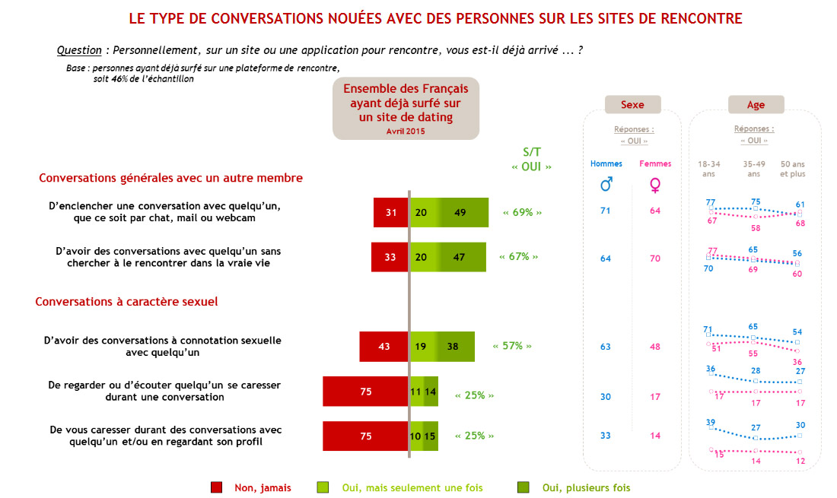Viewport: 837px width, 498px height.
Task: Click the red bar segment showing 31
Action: point(391,212)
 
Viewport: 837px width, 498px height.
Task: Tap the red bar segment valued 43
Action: point(384,347)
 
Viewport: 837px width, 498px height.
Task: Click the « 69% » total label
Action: point(523,212)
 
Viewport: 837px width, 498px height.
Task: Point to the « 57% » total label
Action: point(512,346)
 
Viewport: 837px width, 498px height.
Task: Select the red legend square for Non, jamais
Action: point(216,487)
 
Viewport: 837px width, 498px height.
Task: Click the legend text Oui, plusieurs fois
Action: point(586,487)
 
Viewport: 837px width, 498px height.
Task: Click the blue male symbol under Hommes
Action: point(606,185)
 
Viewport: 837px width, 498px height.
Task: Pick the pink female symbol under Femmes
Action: point(654,185)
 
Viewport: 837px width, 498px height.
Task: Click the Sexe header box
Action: point(632,105)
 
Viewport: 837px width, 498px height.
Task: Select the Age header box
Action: point(756,105)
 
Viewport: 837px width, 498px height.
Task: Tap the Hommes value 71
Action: point(606,211)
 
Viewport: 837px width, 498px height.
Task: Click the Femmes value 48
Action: point(655,347)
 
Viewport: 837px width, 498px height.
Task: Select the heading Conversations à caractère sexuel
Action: point(127,302)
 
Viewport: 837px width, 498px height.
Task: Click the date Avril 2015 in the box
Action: point(406,131)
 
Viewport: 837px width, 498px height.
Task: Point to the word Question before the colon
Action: point(79,50)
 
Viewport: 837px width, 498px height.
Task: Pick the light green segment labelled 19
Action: point(422,347)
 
